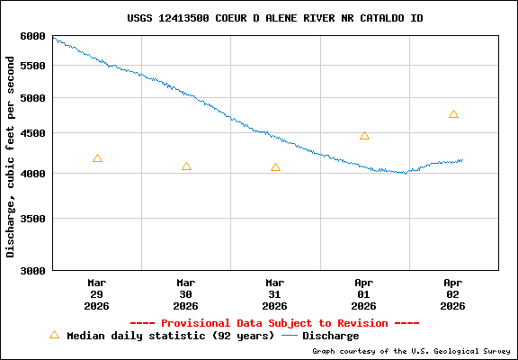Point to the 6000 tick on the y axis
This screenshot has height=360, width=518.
(x=32, y=36)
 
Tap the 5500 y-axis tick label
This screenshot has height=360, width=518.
(x=32, y=66)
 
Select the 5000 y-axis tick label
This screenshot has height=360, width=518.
(x=32, y=98)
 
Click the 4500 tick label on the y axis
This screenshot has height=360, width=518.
(x=32, y=133)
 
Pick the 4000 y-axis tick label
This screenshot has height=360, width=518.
(x=32, y=173)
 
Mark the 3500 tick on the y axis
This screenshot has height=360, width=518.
(x=32, y=218)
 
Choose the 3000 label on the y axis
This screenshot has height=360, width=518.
(x=32, y=270)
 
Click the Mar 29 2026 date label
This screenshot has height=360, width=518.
(x=97, y=293)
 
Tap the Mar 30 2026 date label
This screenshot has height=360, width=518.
(x=186, y=293)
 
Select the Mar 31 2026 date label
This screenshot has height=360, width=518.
(x=275, y=293)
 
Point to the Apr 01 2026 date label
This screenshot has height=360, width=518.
(x=364, y=293)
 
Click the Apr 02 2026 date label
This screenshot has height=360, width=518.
(x=453, y=293)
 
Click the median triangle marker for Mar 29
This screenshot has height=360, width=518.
(x=97, y=158)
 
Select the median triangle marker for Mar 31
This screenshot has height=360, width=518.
(x=275, y=167)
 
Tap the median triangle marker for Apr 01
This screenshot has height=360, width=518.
(x=364, y=136)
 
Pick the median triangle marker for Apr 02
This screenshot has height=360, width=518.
(x=453, y=114)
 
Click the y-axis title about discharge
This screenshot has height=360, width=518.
(x=11, y=155)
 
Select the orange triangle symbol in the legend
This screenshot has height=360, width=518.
(x=54, y=335)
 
